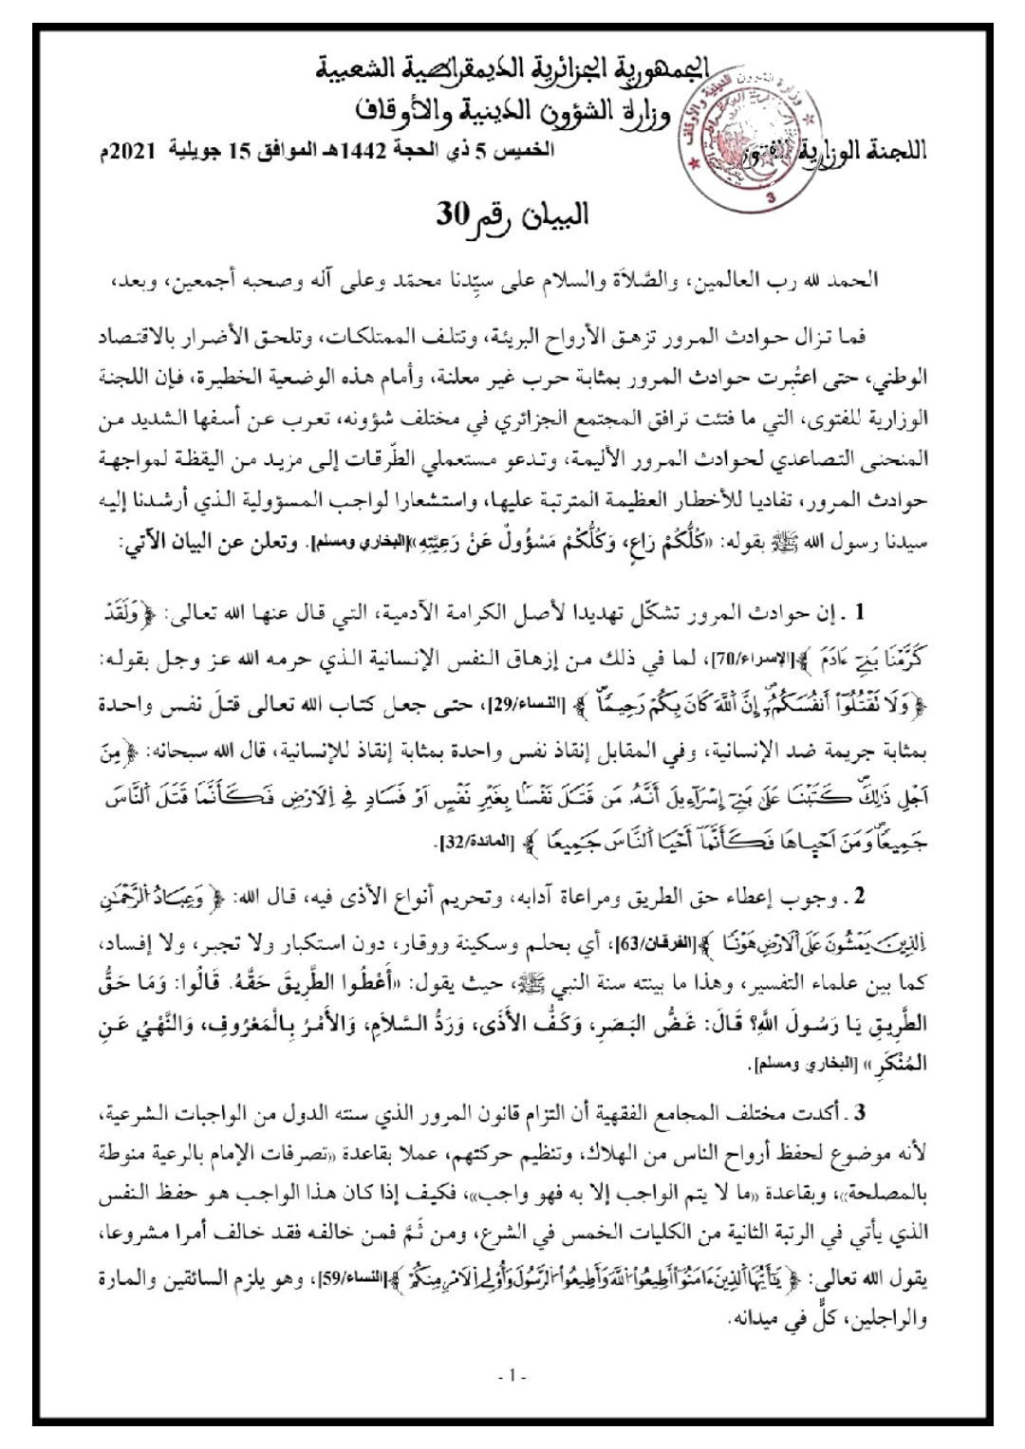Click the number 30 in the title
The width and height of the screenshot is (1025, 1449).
click(453, 214)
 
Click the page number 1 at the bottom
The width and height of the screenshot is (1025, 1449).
click(512, 1374)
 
